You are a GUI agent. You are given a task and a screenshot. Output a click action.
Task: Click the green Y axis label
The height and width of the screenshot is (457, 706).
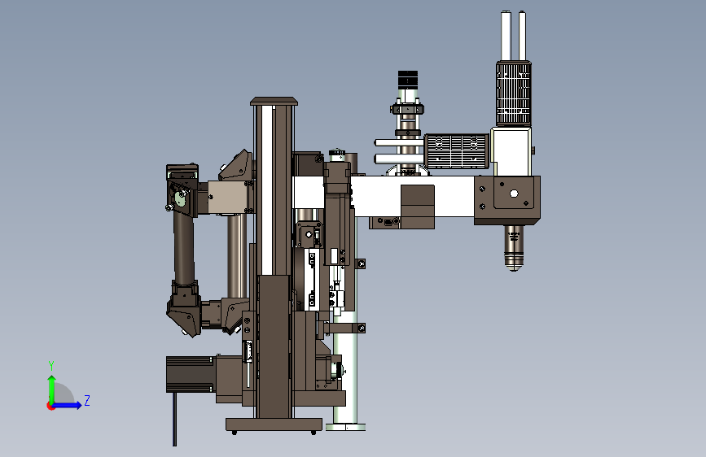pyautogui.click(x=51, y=366)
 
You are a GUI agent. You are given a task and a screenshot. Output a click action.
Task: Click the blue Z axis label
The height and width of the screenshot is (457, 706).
pyautogui.click(x=87, y=400)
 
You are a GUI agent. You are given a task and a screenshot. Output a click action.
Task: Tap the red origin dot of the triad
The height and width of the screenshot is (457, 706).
pyautogui.click(x=50, y=406)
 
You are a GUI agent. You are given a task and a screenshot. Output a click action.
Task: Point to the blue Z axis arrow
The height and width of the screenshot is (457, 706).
pyautogui.click(x=68, y=405)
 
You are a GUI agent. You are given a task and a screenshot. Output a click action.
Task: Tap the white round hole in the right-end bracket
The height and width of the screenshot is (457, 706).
pyautogui.click(x=514, y=194)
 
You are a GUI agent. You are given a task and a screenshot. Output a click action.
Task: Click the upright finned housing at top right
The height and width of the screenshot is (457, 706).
pyautogui.click(x=514, y=94)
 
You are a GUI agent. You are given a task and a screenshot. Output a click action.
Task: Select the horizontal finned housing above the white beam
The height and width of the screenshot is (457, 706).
pyautogui.click(x=456, y=151)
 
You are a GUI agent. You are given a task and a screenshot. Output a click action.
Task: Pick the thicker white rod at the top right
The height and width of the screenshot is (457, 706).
pyautogui.click(x=506, y=36)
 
